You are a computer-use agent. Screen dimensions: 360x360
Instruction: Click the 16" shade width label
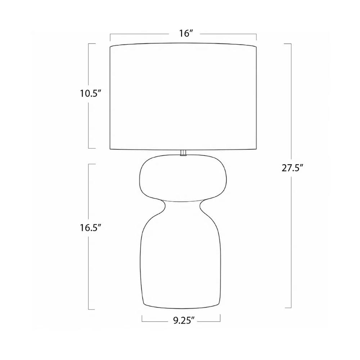pyautogui.click(x=185, y=33)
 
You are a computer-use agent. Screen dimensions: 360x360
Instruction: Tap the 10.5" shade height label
pyautogui.click(x=90, y=94)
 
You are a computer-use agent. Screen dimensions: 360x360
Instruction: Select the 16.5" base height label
pyautogui.click(x=90, y=228)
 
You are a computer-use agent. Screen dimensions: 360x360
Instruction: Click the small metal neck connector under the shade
pyautogui.click(x=183, y=153)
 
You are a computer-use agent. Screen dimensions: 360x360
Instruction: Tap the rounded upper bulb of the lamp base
pyautogui.click(x=183, y=178)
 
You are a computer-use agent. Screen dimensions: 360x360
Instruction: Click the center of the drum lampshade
pyautogui.click(x=183, y=96)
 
